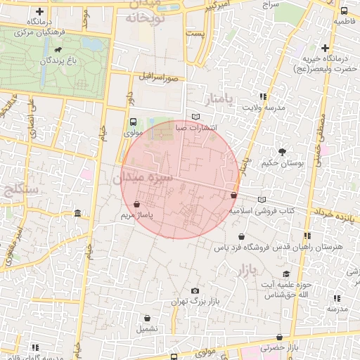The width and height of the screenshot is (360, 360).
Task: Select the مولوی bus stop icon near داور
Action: tap(133, 122)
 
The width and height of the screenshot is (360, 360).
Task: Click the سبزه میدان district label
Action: tap(143, 178)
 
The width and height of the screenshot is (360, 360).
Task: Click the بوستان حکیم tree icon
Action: tap(282, 152)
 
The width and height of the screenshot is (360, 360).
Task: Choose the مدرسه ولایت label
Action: tap(263, 108)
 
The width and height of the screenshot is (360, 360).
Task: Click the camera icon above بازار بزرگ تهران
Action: tap(195, 291)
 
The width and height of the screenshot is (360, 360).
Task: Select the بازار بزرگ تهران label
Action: tap(194, 302)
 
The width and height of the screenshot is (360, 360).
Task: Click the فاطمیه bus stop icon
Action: tap(343, 11)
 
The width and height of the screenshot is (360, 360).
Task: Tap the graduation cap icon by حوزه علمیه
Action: tap(285, 274)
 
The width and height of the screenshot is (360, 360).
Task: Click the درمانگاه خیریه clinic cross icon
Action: tap(325, 48)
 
